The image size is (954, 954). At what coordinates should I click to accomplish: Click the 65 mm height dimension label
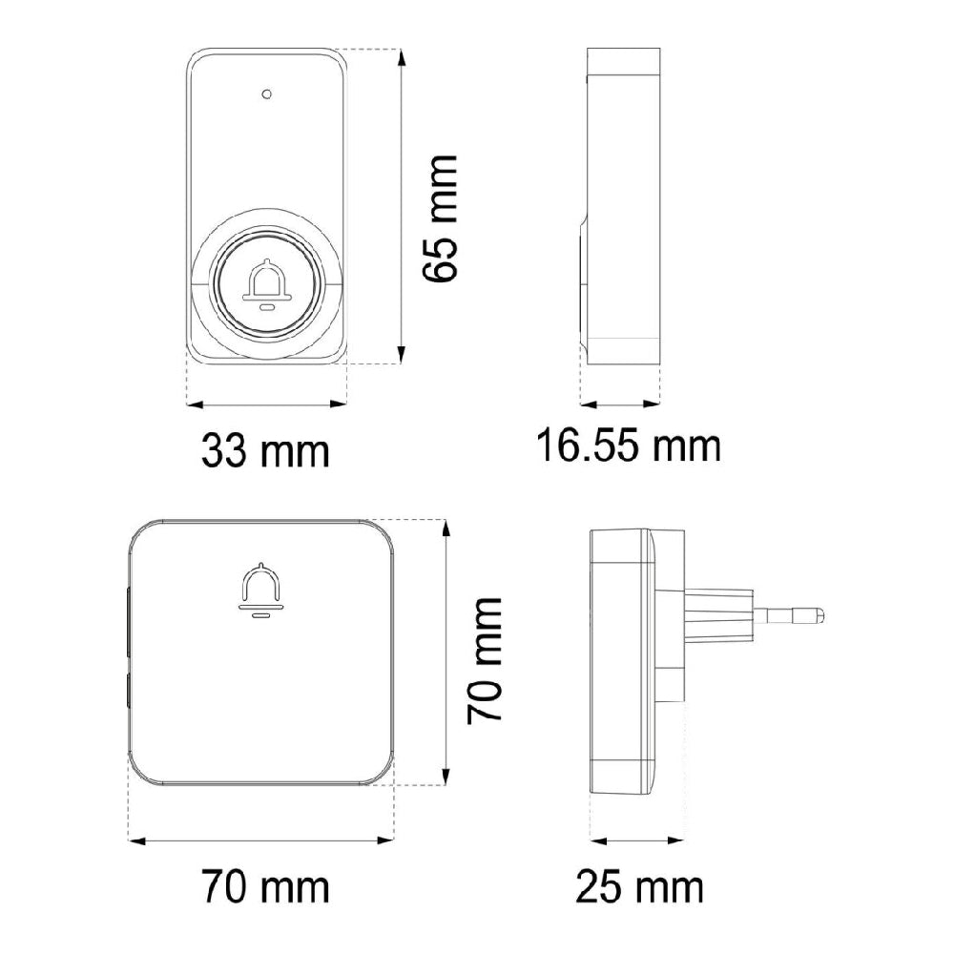tap(440, 218)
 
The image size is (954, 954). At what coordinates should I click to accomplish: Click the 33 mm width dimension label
tap(265, 451)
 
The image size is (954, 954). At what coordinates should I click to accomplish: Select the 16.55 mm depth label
tap(629, 446)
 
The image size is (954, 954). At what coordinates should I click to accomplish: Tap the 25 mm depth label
tap(639, 886)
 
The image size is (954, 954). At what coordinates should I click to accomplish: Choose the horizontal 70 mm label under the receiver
tap(265, 886)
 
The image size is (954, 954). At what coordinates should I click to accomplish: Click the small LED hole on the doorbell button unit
tap(266, 94)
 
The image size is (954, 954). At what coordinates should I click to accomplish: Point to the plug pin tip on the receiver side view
tap(820, 614)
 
